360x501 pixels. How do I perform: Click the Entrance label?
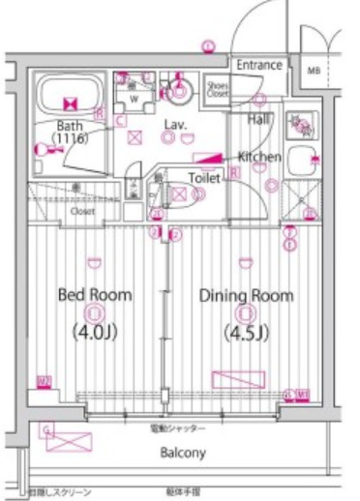click(x=259, y=65)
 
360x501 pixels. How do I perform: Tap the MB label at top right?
click(x=314, y=71)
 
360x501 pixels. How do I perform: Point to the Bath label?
click(x=69, y=126)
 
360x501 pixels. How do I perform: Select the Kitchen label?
click(x=259, y=156)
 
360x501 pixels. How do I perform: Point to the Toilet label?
click(x=206, y=178)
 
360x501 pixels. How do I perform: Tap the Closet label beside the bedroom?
click(x=81, y=210)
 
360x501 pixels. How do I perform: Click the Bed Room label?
click(x=94, y=294)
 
